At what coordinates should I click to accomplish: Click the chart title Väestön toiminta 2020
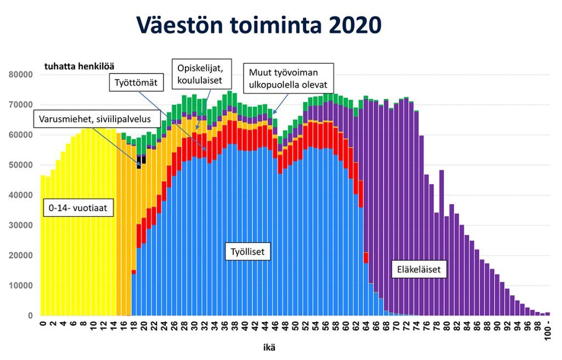tap(258, 25)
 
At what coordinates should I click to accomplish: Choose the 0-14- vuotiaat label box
tap(78, 208)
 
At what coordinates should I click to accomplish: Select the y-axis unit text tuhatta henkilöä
tap(79, 65)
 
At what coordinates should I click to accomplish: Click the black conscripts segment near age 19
tap(139, 162)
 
